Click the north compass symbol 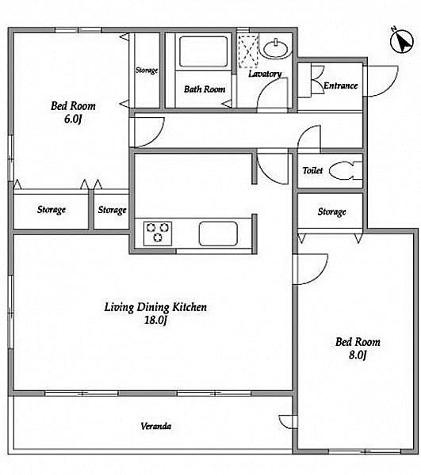pos(402,41)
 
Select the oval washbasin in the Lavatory pos(276,48)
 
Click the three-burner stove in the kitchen pos(158,234)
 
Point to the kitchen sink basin pos(218,234)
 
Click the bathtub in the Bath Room pos(203,51)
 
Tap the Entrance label pos(340,85)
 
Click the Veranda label pos(156,426)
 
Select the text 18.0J pos(155,320)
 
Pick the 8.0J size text pos(358,355)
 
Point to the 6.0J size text pos(73,119)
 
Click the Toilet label pos(312,170)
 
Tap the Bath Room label pos(205,89)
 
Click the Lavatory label pos(265,74)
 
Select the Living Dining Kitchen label pos(155,307)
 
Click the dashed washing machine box pos(248,51)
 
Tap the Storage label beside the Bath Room pos(147,70)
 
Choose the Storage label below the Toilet pos(332,211)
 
